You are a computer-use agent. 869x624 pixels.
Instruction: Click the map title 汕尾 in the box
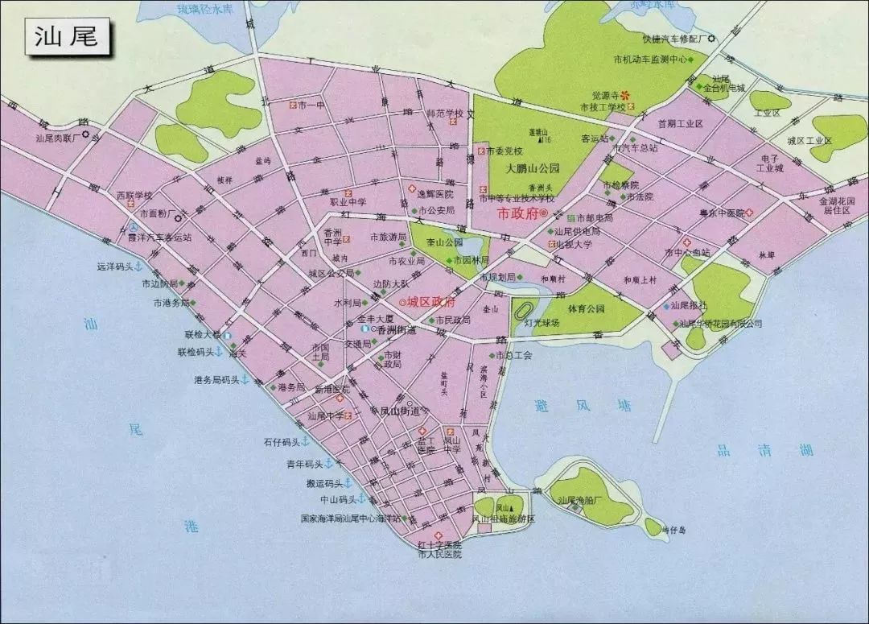click(67, 38)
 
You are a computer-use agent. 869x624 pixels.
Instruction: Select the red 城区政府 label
click(431, 302)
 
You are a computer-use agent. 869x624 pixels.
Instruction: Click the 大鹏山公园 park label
click(533, 169)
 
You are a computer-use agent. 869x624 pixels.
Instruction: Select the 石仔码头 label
click(281, 442)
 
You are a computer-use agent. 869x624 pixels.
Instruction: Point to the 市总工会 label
click(515, 355)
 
